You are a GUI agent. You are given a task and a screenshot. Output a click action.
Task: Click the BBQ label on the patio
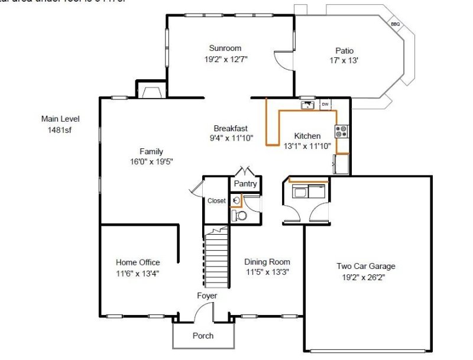tap(396, 24)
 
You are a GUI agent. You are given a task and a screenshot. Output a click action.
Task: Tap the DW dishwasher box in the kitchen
tap(325, 105)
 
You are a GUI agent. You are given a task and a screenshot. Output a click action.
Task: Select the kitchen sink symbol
tap(307, 105)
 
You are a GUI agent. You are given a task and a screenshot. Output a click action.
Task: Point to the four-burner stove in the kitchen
tap(342, 131)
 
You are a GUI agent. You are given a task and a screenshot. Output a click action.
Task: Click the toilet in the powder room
tap(238, 215)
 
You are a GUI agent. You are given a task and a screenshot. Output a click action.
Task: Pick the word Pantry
tap(245, 184)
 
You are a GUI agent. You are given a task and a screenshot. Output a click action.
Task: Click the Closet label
tap(216, 201)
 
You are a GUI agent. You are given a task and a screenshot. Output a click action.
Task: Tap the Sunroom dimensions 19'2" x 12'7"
tap(226, 59)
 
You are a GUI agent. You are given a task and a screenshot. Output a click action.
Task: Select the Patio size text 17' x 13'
tap(344, 60)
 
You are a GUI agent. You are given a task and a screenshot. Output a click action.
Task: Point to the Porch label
tap(203, 336)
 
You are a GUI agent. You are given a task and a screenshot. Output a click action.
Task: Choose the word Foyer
tap(207, 296)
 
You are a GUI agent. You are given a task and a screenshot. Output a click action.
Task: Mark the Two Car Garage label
tap(366, 266)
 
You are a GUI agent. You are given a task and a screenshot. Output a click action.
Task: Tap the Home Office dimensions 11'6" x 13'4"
tap(137, 273)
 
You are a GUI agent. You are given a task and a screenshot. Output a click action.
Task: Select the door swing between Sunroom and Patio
tap(283, 60)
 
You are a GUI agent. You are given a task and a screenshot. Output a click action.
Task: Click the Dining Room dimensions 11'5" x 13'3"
tap(267, 272)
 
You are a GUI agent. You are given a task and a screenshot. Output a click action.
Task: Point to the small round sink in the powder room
tap(235, 201)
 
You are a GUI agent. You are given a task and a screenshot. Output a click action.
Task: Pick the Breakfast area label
tap(231, 128)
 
